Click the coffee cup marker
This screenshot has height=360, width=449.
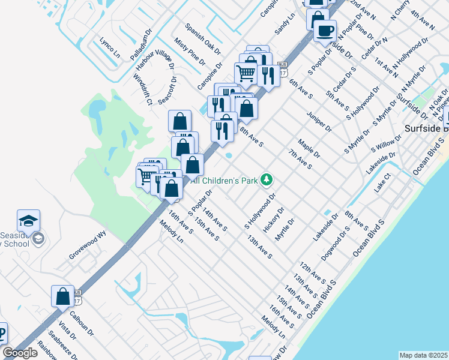click(x=325, y=31)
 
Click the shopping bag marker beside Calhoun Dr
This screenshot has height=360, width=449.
click(x=62, y=296)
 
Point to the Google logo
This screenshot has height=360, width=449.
click(x=20, y=353)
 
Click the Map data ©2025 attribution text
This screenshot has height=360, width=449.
click(x=423, y=355)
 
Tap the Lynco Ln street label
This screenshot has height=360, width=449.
click(x=110, y=49)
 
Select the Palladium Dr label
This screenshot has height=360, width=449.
click(x=139, y=43)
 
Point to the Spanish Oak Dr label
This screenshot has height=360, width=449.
click(x=203, y=38)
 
